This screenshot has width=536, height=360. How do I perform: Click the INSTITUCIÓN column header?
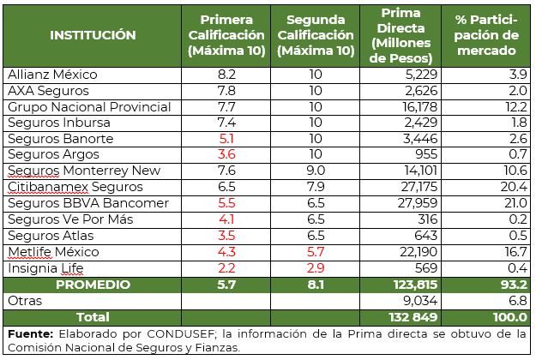coord(93,35)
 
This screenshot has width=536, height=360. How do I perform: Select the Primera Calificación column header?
coord(226,35)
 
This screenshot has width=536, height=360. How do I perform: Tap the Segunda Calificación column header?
coord(316,35)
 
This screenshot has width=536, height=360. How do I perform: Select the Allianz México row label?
coord(52,75)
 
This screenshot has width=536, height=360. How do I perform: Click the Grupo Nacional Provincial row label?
coord(89,107)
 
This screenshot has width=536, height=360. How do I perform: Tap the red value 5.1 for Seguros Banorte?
coord(226,139)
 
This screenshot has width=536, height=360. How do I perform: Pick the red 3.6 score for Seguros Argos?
coord(226,155)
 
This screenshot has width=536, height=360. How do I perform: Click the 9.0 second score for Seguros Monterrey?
coord(316,171)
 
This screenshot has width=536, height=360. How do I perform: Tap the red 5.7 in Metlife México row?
coord(316,252)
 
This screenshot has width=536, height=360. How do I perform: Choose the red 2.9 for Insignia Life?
coord(316,268)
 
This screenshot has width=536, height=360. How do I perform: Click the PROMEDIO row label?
coord(93,285)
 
